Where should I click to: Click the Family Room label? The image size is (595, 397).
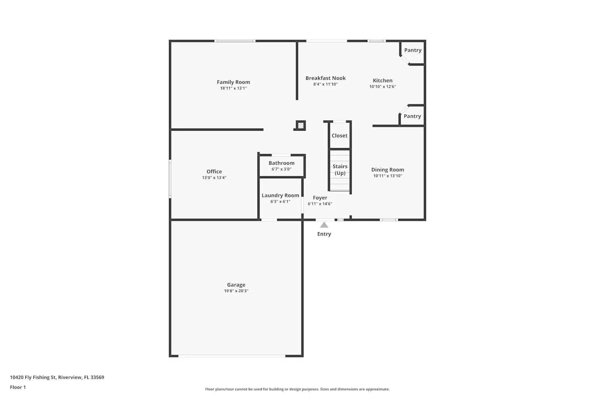point(233,82)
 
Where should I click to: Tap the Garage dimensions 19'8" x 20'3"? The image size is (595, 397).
point(236,291)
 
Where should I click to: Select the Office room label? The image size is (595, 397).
point(214,172)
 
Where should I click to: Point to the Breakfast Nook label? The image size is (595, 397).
point(325,78)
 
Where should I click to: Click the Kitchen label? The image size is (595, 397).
point(382,81)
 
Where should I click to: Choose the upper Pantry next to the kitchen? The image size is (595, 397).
point(413,50)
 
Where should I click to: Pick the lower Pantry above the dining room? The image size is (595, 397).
point(412,116)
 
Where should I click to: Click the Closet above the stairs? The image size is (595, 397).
point(340,136)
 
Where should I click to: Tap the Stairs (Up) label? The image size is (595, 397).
point(340,170)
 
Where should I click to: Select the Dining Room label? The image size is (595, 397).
point(388,170)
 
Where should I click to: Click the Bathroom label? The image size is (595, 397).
point(281,163)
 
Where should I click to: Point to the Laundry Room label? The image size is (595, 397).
point(280,195)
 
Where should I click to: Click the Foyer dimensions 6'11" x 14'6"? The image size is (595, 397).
point(320,204)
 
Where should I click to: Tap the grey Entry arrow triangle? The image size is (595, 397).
point(324,225)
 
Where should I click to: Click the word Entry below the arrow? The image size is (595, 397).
point(324,234)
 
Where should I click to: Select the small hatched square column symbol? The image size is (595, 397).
point(301,126)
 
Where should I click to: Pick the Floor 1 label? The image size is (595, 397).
point(18,387)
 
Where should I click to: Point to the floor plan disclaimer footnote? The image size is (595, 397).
point(297,389)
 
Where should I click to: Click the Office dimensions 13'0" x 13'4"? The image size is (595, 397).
point(214,178)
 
